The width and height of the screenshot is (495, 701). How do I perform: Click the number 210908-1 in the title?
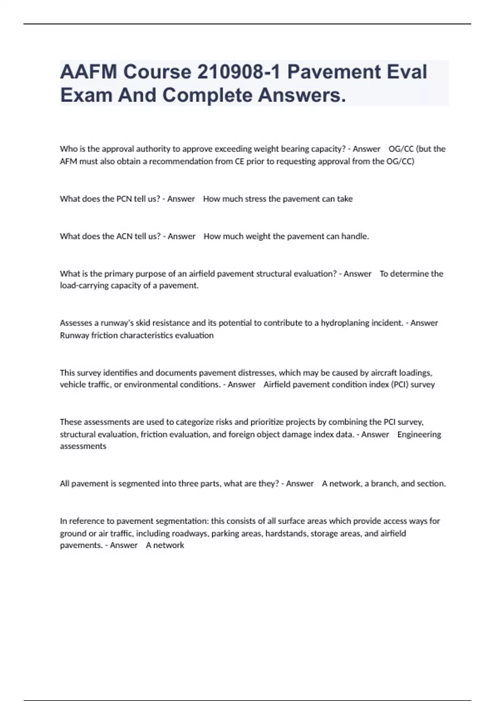(x=239, y=72)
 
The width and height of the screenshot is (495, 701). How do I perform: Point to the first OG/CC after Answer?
(x=401, y=149)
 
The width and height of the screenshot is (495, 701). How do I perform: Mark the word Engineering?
(x=419, y=434)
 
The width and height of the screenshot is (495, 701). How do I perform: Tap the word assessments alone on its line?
(x=83, y=446)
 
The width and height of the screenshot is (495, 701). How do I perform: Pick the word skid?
(x=143, y=323)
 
